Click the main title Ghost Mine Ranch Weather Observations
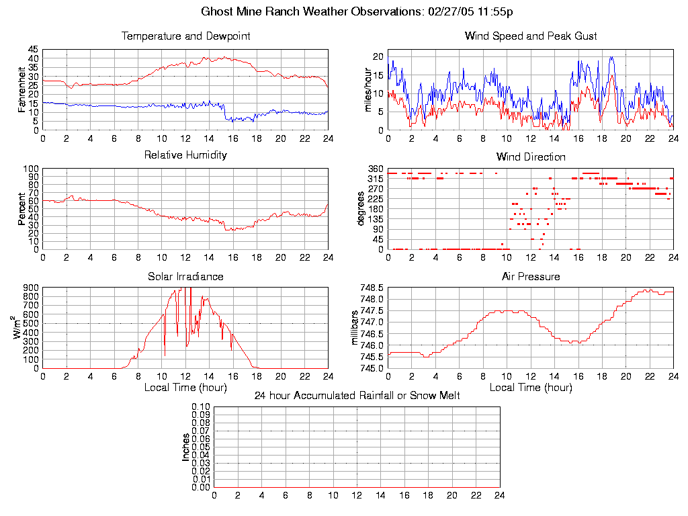(x=357, y=11)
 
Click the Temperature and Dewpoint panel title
(x=185, y=36)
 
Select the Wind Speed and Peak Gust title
(x=530, y=36)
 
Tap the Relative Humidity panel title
(x=185, y=155)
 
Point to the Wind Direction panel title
(x=530, y=157)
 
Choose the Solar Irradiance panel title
(x=185, y=276)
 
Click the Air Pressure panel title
(x=530, y=276)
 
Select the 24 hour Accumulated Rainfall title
(x=357, y=396)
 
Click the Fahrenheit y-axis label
(x=22, y=89)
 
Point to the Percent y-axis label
(x=22, y=209)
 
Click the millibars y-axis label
(x=356, y=328)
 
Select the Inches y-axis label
(x=186, y=447)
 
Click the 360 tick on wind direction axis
(x=376, y=169)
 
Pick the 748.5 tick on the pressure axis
(x=372, y=288)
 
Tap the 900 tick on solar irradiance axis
(x=31, y=288)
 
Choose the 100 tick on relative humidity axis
(x=31, y=169)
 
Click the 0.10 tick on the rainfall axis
(x=202, y=406)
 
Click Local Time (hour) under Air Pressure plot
(x=530, y=387)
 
